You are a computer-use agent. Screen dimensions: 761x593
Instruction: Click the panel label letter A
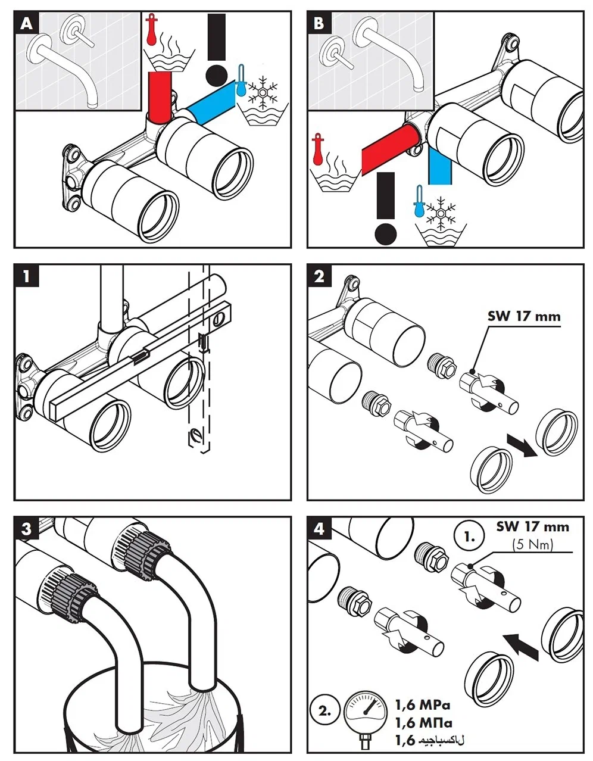pos(26,24)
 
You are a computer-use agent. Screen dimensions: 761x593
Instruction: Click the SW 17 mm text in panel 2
pos(524,316)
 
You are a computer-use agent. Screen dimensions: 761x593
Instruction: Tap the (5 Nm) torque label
pos(533,544)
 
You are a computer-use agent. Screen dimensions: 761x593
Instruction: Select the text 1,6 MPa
pos(423,706)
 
